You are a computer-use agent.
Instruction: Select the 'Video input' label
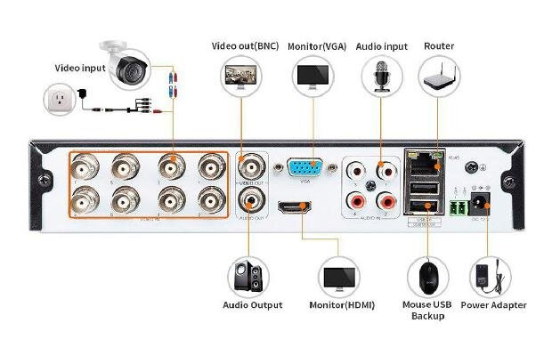click(80, 66)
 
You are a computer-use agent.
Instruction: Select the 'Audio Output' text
click(252, 305)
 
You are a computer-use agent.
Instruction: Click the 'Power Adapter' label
click(493, 305)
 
